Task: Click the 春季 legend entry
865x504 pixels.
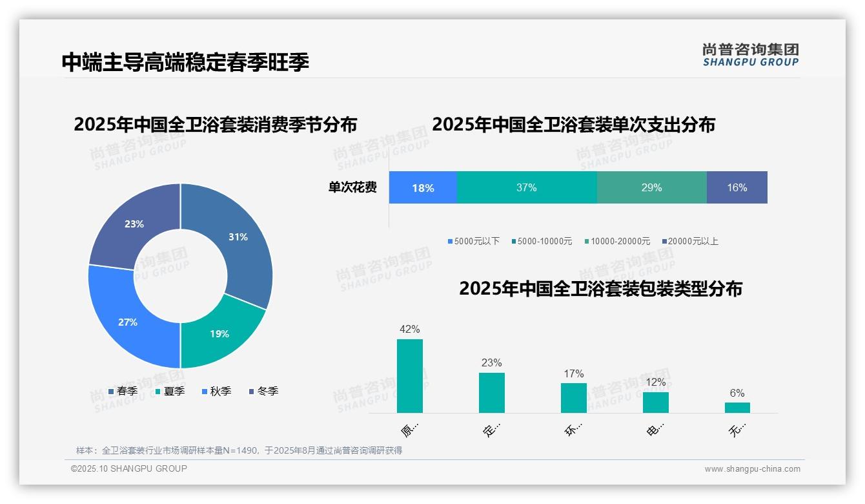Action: point(123,391)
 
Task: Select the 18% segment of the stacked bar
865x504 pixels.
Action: point(423,187)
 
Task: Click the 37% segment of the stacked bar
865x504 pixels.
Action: point(526,187)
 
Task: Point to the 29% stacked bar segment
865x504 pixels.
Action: point(651,187)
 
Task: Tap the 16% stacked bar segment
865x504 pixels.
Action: point(737,187)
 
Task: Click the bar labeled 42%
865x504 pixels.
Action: point(410,375)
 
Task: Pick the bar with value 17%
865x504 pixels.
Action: point(573,397)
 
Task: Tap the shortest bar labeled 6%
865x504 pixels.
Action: point(737,407)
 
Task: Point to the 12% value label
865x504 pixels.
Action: point(655,382)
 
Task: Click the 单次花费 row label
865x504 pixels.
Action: point(352,187)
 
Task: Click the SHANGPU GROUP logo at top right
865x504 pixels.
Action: point(751,54)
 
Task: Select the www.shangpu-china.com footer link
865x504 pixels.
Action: point(752,468)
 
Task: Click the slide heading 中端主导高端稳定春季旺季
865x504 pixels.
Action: point(185,62)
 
